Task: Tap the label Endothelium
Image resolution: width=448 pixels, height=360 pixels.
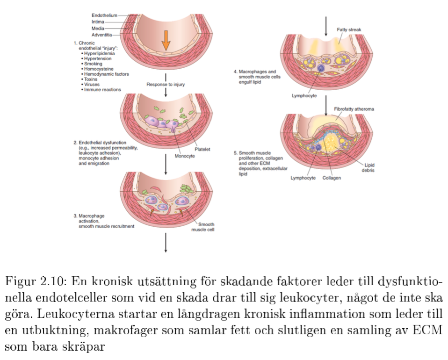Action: tap(104, 15)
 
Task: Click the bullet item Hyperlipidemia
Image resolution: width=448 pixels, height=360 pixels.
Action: tap(100, 53)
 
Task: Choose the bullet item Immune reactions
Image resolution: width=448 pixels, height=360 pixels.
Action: tap(102, 89)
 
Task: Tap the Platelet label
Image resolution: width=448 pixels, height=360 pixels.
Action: tap(202, 150)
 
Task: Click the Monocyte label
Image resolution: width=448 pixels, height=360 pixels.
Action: tap(184, 156)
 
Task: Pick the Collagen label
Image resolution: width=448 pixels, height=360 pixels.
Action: tap(332, 178)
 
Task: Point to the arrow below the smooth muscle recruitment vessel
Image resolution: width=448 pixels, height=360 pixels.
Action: tap(166, 243)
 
